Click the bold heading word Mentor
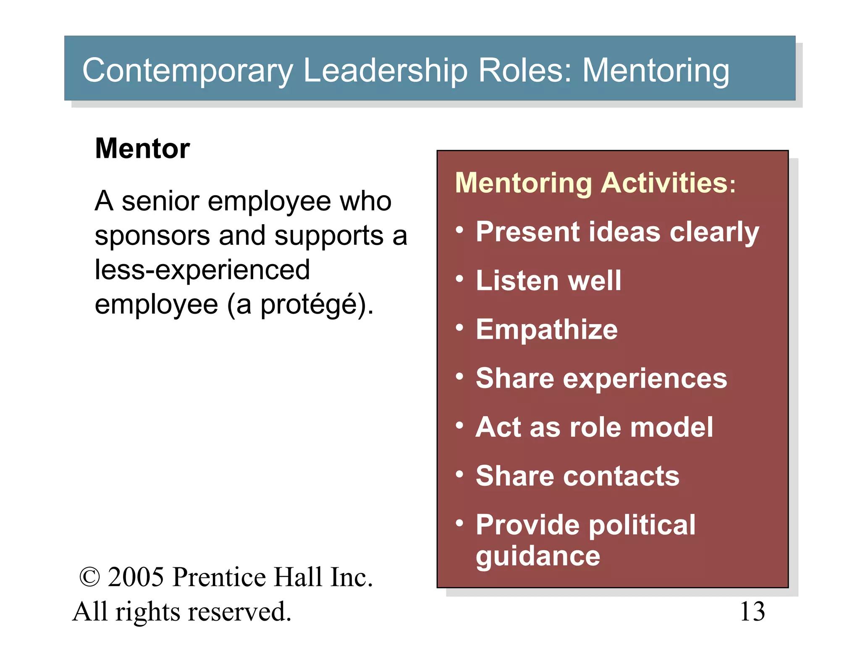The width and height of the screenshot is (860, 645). point(142,149)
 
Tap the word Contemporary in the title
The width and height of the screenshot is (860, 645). point(187,71)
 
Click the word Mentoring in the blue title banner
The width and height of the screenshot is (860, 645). point(655,71)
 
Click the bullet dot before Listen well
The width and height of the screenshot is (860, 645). point(460,279)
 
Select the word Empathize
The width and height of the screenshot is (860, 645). point(547,329)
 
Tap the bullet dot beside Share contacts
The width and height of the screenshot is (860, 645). point(460,474)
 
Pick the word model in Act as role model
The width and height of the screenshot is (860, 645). point(671,427)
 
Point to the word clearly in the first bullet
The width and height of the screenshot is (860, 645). point(714,232)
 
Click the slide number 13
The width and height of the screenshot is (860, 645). point(752,611)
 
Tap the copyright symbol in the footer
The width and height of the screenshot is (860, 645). point(89,577)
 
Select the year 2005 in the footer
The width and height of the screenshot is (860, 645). point(136,577)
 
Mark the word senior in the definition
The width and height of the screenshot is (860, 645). point(160,201)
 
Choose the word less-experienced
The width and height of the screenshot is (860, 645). point(202,270)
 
